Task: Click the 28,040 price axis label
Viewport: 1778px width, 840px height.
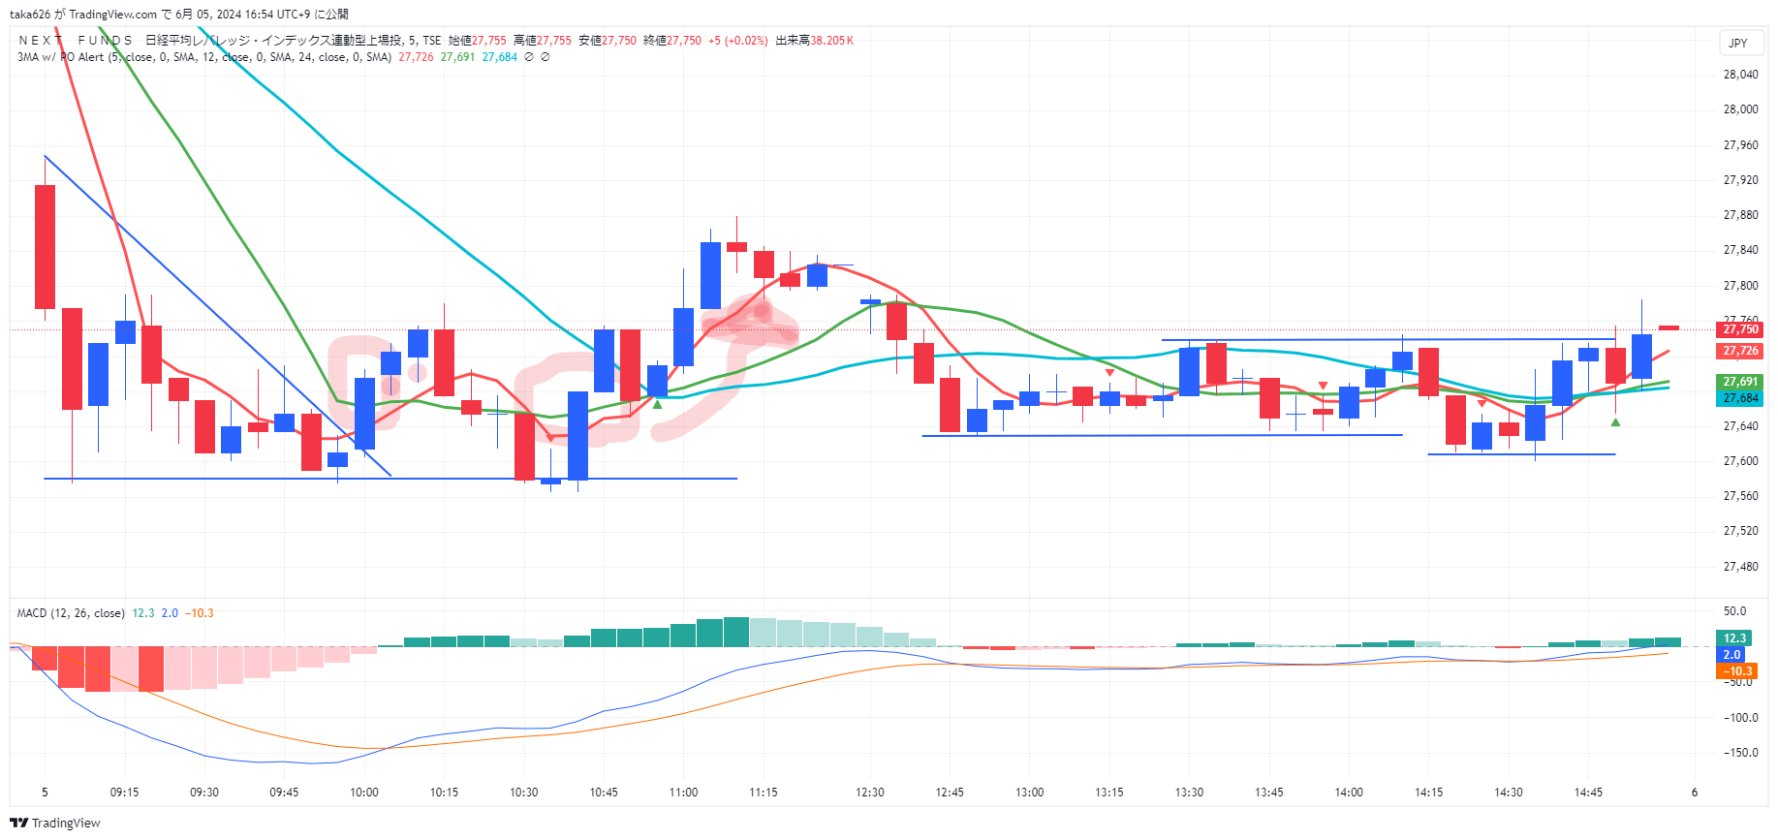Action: (x=1740, y=75)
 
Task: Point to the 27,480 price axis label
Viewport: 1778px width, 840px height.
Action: (x=1740, y=567)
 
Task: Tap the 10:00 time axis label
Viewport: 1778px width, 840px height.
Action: (x=364, y=793)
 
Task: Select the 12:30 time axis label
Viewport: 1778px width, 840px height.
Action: (x=870, y=793)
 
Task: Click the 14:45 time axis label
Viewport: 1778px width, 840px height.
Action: (x=1588, y=793)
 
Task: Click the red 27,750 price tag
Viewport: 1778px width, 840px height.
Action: (x=1740, y=329)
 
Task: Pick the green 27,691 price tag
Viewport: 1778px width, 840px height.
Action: (x=1740, y=382)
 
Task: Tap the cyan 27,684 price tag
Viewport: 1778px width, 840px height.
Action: (x=1740, y=398)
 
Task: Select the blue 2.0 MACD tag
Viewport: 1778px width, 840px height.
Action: (x=1731, y=655)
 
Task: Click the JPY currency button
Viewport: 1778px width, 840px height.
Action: (x=1738, y=43)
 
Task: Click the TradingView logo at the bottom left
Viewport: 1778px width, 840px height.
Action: (x=55, y=823)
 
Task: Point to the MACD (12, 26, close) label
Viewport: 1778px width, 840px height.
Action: (x=71, y=613)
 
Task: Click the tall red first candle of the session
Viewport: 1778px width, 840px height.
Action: (x=45, y=246)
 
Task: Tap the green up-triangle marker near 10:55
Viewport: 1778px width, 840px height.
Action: (x=658, y=404)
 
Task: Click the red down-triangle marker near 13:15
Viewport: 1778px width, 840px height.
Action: (x=1109, y=373)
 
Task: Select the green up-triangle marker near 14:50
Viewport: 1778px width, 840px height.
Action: (x=1615, y=421)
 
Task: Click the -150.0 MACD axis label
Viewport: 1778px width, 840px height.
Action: (x=1740, y=753)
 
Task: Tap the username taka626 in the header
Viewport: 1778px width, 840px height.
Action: (x=30, y=15)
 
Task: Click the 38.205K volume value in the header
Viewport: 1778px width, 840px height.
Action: (x=832, y=41)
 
